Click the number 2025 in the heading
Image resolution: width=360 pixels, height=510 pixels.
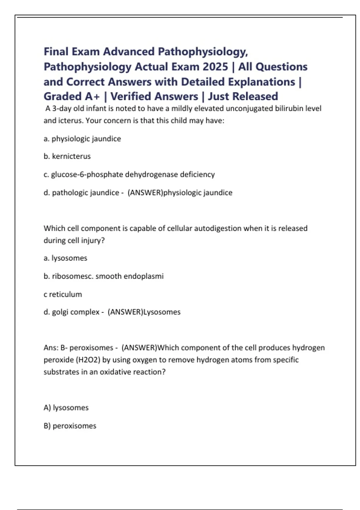click(215, 67)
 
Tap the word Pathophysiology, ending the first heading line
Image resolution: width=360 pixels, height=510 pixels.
click(203, 52)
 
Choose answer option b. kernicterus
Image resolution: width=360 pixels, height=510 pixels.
click(67, 156)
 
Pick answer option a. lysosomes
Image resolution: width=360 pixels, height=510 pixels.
click(65, 258)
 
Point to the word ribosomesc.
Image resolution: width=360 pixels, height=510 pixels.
click(73, 276)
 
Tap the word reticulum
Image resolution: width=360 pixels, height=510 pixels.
click(65, 294)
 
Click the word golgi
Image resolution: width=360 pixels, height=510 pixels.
click(60, 312)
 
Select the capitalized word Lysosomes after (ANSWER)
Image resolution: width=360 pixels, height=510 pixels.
click(162, 312)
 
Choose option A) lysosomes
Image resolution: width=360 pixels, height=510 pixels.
click(66, 408)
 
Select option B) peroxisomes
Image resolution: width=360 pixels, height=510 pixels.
click(70, 426)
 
